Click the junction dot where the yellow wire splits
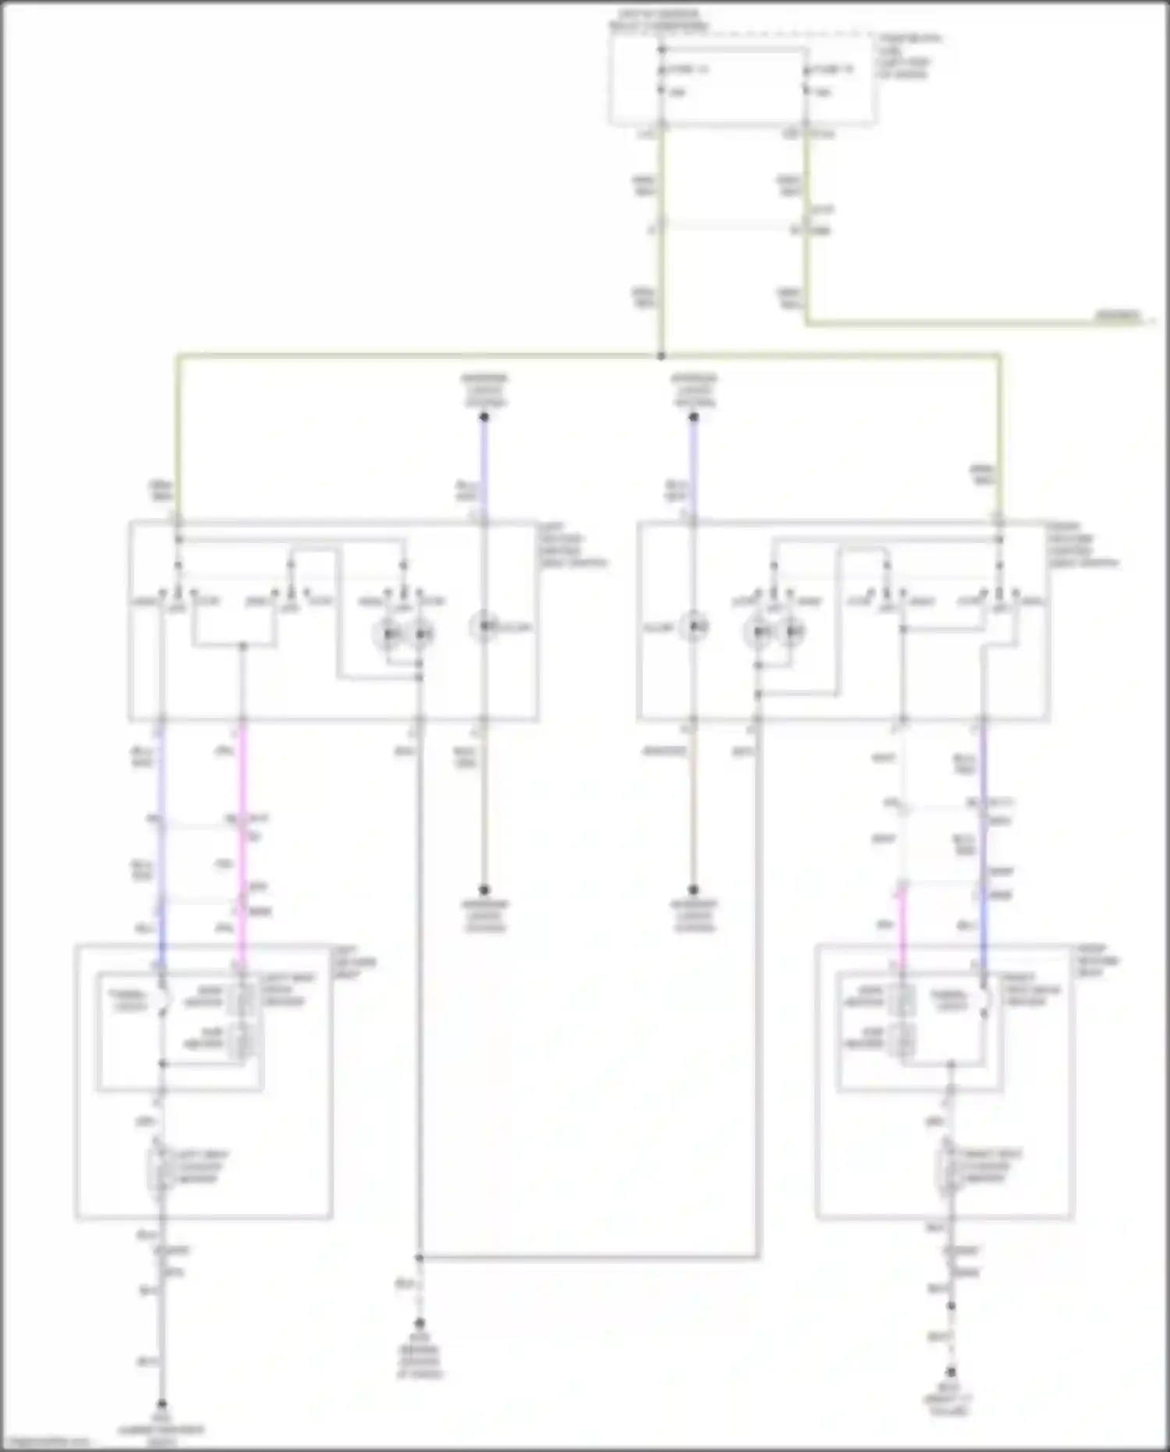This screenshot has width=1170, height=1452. [x=661, y=356]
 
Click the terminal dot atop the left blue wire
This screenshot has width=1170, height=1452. [x=484, y=417]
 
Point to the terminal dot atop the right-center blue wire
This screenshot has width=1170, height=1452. [x=693, y=417]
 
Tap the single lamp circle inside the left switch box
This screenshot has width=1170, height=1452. [x=484, y=627]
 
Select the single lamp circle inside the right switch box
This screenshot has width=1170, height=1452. [x=693, y=627]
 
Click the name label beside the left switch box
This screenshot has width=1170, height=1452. [x=571, y=545]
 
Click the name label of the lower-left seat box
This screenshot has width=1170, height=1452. [x=354, y=963]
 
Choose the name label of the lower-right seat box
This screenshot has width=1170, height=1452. [x=1097, y=961]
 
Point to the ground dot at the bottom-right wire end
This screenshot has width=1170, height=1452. [x=951, y=1372]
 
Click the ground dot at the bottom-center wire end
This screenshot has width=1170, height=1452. [x=419, y=1324]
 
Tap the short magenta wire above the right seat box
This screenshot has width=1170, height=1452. [x=902, y=928]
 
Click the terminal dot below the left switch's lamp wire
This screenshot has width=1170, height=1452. [x=484, y=889]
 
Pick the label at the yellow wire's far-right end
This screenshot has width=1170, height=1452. [x=1117, y=316]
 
